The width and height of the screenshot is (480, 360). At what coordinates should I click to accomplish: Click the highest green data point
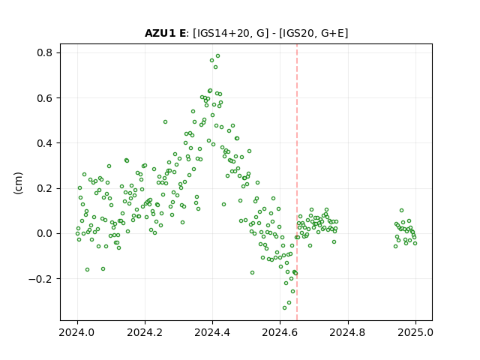218,56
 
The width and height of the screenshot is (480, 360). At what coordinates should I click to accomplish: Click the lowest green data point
285,307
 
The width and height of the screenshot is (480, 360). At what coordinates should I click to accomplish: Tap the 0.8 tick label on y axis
45,52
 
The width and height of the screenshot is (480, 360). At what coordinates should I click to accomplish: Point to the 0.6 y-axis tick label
45,98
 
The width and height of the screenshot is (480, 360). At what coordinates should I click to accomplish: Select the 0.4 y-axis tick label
45,143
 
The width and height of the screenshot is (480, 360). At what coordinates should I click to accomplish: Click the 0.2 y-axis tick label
45,188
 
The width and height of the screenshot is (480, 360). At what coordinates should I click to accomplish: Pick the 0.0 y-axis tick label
45,233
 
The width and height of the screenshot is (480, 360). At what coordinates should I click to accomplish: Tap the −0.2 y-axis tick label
40,279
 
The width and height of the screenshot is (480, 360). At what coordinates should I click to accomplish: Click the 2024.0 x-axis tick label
77,332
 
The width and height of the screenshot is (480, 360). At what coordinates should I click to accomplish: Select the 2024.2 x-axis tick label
145,332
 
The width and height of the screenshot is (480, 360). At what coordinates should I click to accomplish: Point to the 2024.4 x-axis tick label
212,332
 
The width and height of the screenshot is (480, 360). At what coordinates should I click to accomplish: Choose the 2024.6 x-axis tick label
280,332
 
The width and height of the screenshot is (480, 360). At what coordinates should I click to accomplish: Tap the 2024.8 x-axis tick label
347,332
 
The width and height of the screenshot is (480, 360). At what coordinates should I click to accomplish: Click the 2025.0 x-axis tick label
415,332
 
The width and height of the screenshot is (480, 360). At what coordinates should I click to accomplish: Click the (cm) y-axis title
18,183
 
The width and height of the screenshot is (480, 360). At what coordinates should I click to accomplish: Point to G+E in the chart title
332,33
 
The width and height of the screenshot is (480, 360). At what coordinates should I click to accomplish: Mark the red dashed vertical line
297,182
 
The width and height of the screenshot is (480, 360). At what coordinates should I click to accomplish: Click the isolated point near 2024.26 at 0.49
165,121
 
